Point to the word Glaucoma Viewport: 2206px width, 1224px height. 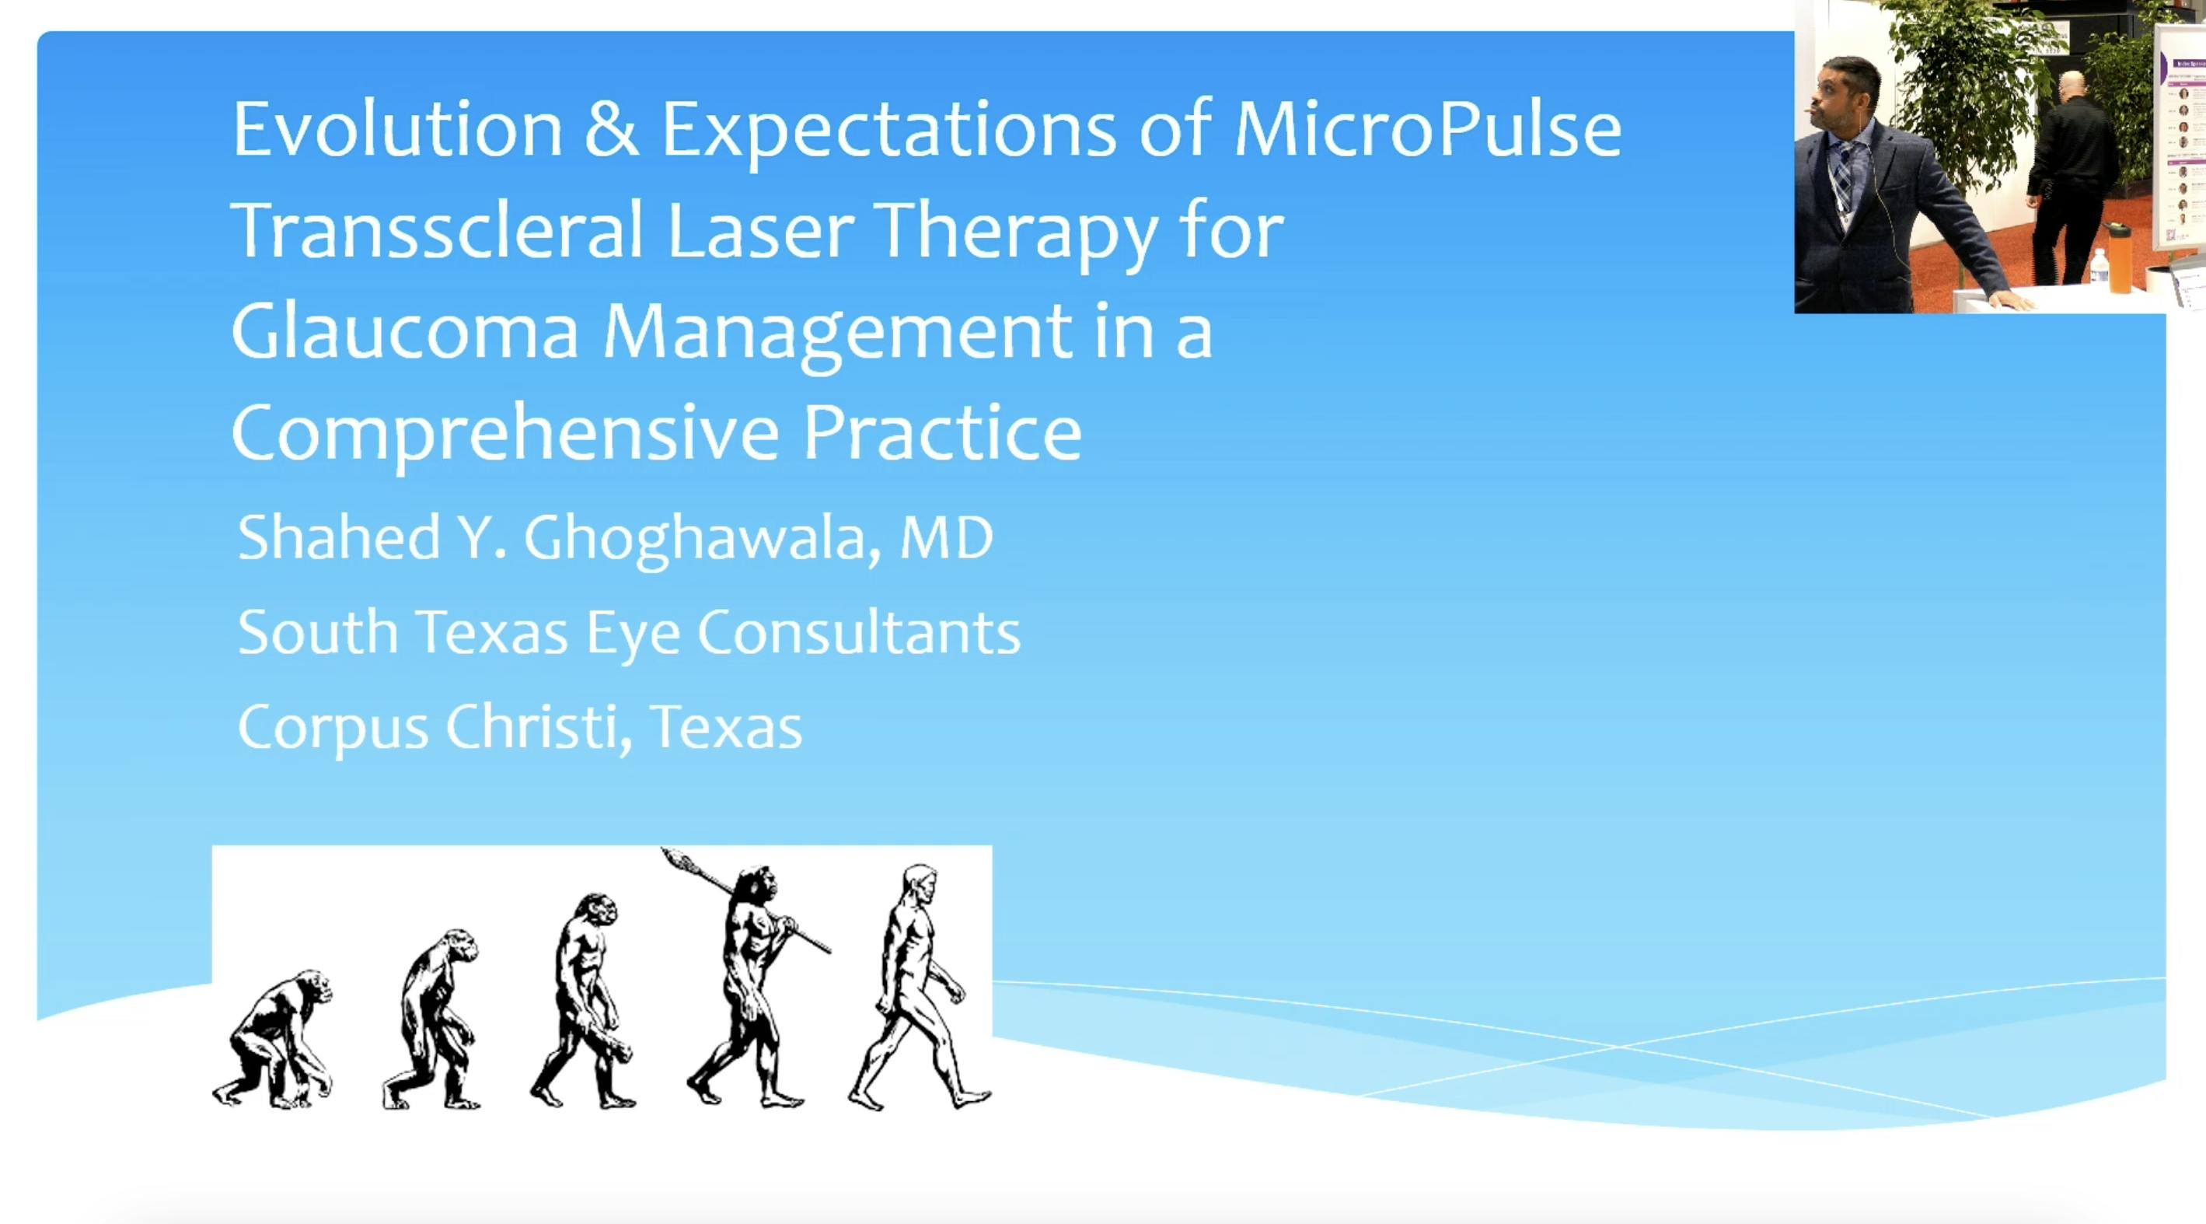404,331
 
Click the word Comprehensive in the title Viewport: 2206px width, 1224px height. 504,433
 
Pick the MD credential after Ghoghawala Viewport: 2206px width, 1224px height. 946,538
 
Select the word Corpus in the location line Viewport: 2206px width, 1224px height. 332,728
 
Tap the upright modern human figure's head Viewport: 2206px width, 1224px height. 919,883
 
